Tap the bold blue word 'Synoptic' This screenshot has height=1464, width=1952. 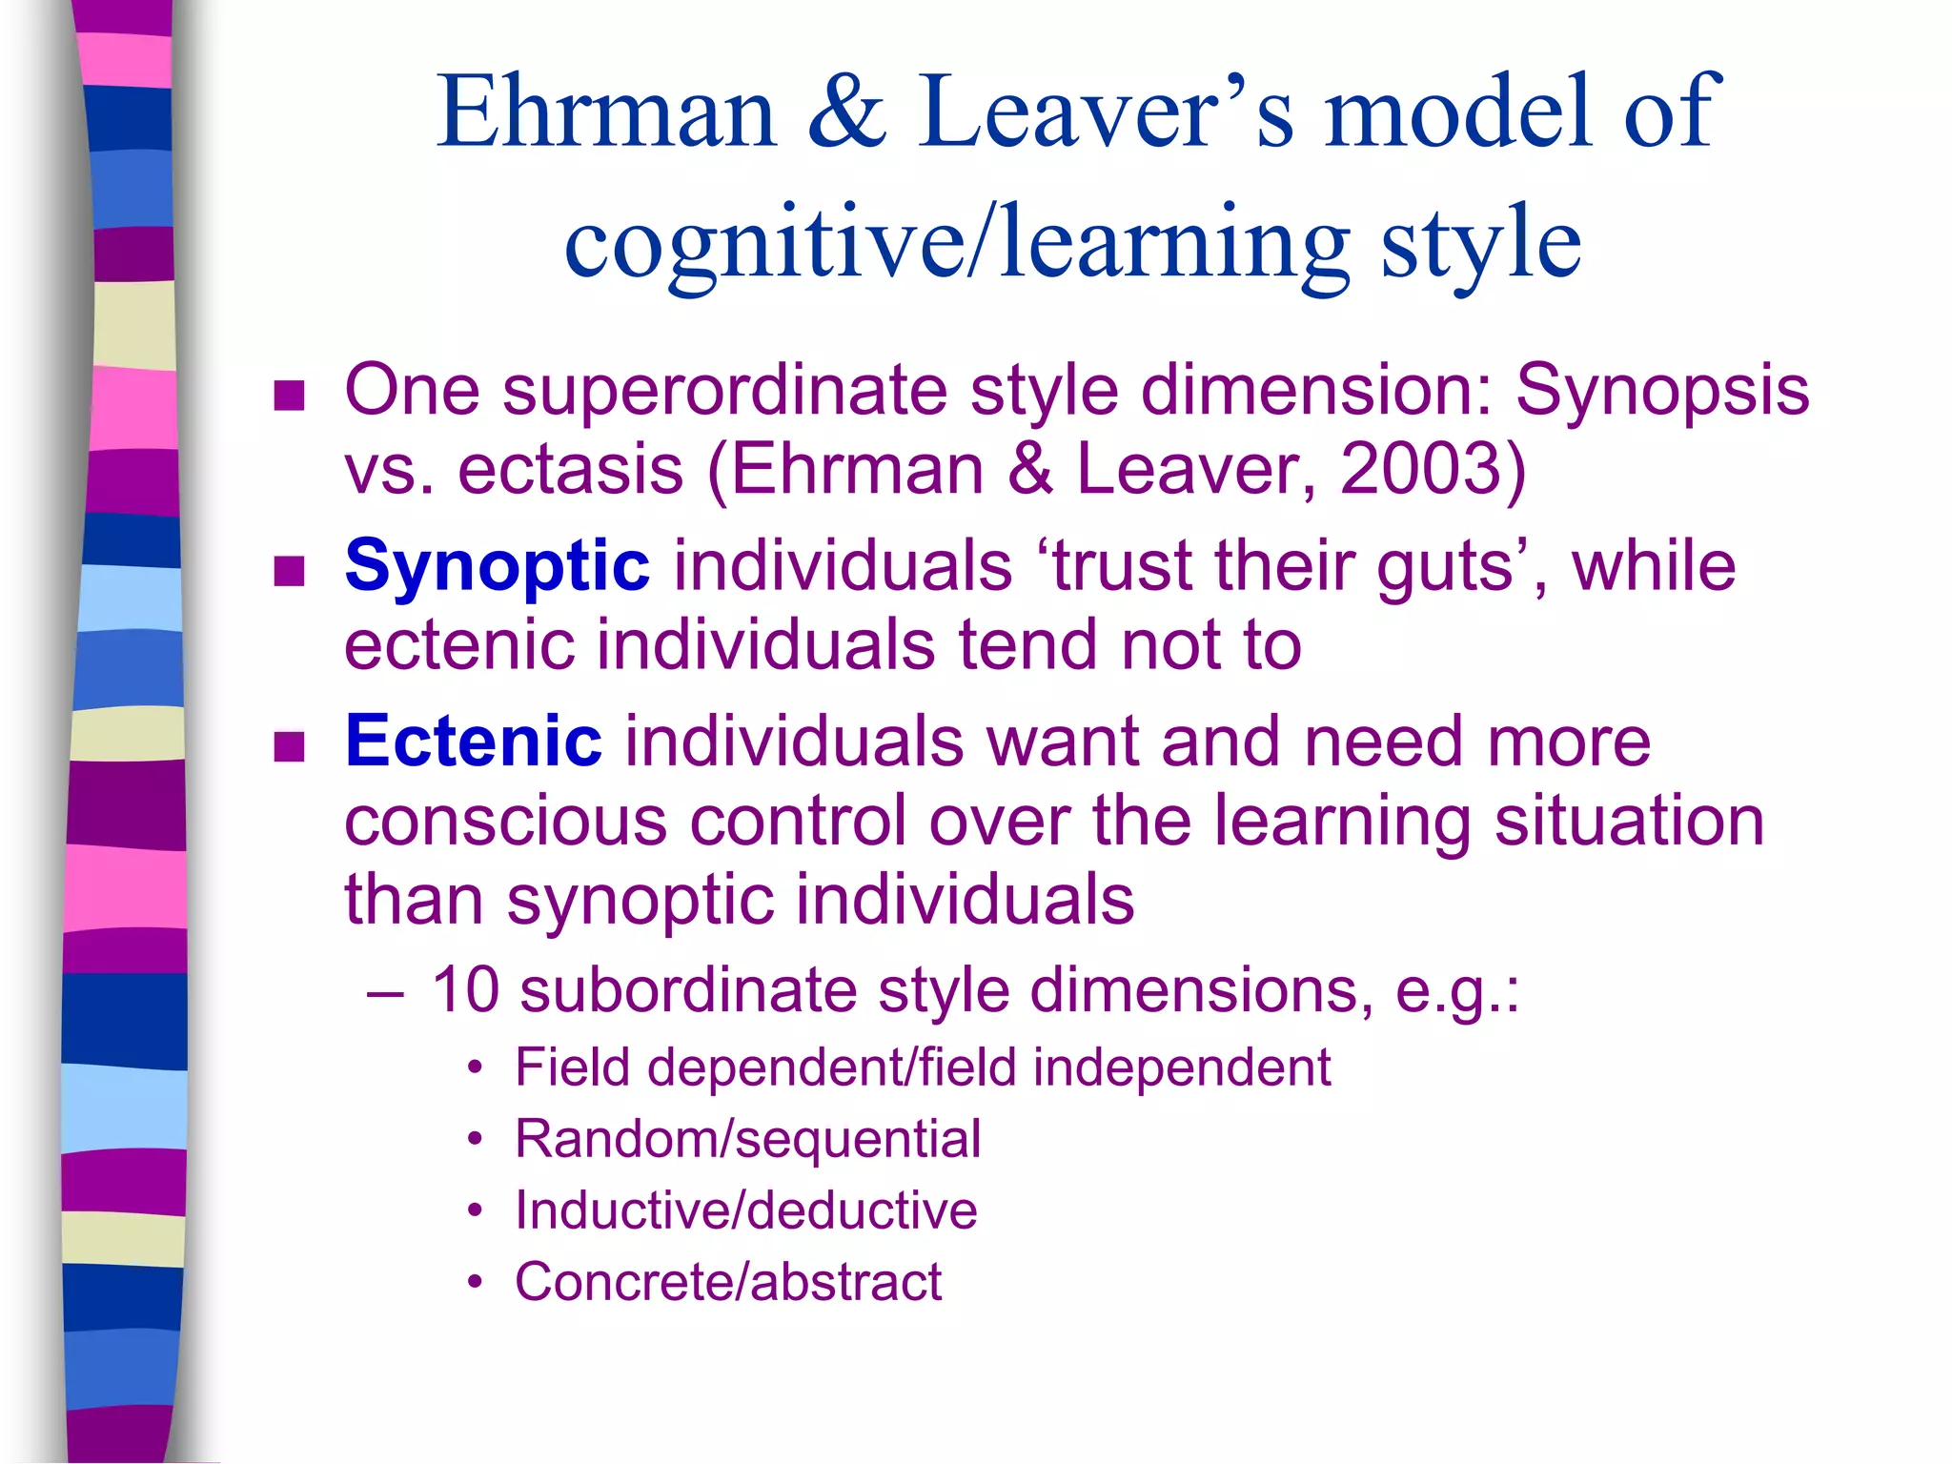coord(497,565)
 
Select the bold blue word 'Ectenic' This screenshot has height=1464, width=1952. coord(473,741)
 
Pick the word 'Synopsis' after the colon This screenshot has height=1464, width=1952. coord(1661,390)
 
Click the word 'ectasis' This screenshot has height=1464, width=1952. coord(570,469)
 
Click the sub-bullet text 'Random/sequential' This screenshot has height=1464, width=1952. coord(747,1138)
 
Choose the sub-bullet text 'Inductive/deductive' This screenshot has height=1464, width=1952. coord(745,1210)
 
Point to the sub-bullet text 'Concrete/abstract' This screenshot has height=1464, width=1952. coord(727,1281)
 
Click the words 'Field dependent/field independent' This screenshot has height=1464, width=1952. coord(922,1067)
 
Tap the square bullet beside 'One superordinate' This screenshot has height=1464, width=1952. coord(289,395)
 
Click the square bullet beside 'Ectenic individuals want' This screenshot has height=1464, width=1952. coord(289,746)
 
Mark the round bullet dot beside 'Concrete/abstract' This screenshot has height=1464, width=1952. coord(476,1283)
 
